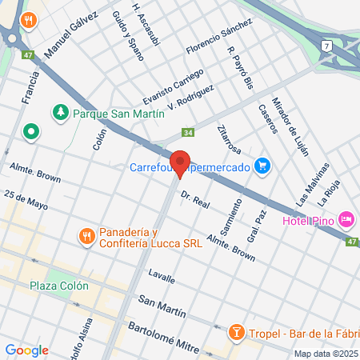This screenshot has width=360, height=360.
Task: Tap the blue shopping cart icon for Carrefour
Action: pyautogui.click(x=262, y=166)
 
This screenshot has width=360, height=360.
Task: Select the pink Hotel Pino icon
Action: pyautogui.click(x=346, y=218)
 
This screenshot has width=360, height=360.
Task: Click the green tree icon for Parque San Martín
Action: pyautogui.click(x=60, y=113)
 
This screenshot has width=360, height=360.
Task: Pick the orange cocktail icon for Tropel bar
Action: pyautogui.click(x=236, y=332)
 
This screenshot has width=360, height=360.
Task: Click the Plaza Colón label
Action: pyautogui.click(x=58, y=286)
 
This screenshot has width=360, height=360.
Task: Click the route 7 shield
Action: pyautogui.click(x=327, y=46)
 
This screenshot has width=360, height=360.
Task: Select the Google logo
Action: pyautogui.click(x=26, y=350)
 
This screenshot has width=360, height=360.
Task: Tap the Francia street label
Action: pyautogui.click(x=31, y=86)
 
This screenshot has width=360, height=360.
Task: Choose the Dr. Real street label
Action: pyautogui.click(x=194, y=199)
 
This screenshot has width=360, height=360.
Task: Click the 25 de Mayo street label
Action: pyautogui.click(x=26, y=200)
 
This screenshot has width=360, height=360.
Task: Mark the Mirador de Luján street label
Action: pyautogui.click(x=291, y=128)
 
